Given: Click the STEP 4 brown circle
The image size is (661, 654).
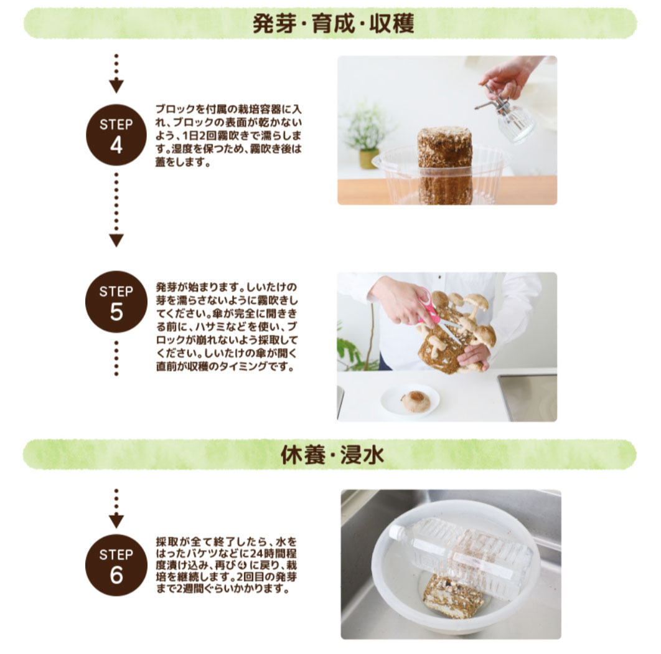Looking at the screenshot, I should click(x=116, y=135).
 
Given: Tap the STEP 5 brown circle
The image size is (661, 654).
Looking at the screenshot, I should click(x=116, y=303).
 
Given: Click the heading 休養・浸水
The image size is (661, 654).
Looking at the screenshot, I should click(x=331, y=455).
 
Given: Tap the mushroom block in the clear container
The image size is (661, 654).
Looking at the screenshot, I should click(x=444, y=165).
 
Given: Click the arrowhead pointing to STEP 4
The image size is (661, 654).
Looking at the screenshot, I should click(x=116, y=87).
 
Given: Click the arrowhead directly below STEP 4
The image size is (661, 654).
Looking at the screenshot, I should click(x=116, y=240).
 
